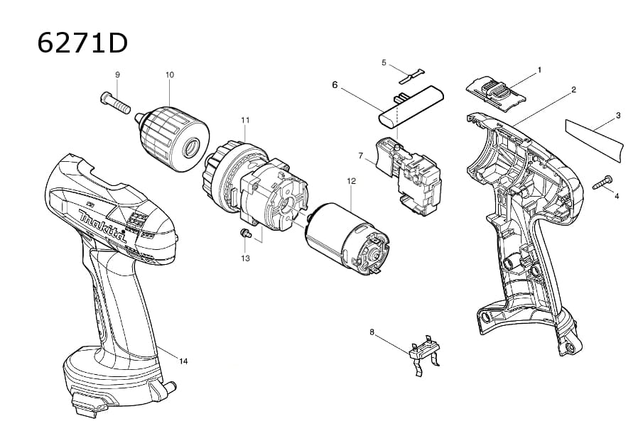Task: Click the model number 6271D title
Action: (82, 43)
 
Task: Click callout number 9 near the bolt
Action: (117, 75)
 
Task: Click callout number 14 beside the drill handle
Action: (183, 361)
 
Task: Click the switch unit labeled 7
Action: (409, 175)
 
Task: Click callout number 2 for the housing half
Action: (573, 89)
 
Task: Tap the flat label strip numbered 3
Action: (593, 136)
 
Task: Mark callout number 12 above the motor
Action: (351, 181)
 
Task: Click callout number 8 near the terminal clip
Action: (372, 332)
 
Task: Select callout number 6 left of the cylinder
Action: (335, 84)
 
